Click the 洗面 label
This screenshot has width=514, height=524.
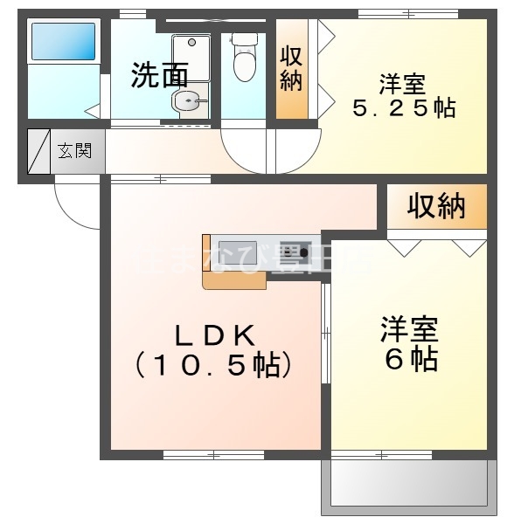pyautogui.click(x=159, y=75)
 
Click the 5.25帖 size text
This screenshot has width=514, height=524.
pyautogui.click(x=403, y=109)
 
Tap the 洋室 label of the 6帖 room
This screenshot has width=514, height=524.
pyautogui.click(x=409, y=330)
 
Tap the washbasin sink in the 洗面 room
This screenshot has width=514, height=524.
pyautogui.click(x=188, y=102)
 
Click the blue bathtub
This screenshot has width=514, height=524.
pyautogui.click(x=63, y=41)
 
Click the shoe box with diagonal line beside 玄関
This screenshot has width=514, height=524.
pyautogui.click(x=40, y=151)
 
